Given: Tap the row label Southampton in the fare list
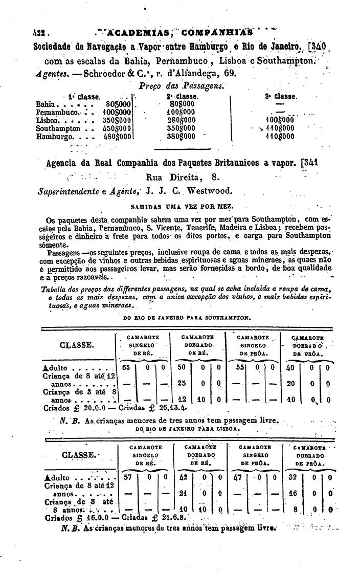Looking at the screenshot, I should tap(58, 128).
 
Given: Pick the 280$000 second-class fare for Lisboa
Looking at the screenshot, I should tap(181, 120).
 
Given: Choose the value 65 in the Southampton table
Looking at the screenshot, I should tap(126, 367).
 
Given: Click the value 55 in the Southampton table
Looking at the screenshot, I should tap(240, 367).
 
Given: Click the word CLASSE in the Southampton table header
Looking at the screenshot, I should tap(76, 345).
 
